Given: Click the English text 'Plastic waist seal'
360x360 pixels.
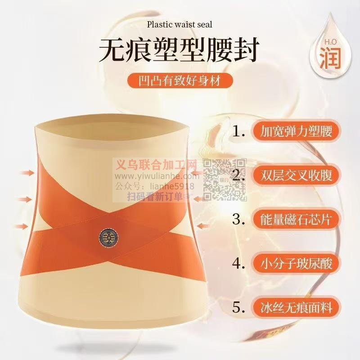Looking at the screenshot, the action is [x=180, y=24].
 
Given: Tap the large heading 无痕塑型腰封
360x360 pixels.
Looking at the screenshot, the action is [x=179, y=50].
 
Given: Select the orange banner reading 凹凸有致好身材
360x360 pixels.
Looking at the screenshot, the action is [x=180, y=81].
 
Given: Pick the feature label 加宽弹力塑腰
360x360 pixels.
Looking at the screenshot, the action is [x=296, y=131].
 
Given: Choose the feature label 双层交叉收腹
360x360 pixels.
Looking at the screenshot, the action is [x=296, y=175].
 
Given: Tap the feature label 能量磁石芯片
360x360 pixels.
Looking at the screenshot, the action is [x=296, y=219].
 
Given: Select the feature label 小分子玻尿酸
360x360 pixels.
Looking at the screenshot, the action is [x=296, y=263].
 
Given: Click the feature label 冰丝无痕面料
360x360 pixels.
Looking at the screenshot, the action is [x=296, y=307].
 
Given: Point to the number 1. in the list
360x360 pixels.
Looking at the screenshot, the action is [x=239, y=131].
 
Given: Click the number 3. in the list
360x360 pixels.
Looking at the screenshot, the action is [x=239, y=219].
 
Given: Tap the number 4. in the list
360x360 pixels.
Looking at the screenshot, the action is [x=239, y=263].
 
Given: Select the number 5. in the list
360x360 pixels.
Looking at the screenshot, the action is [x=239, y=307].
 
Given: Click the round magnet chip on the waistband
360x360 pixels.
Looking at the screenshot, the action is [x=109, y=237].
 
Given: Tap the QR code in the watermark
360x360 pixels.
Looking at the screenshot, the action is [x=224, y=180].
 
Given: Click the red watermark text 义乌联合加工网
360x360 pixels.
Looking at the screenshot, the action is [x=156, y=165].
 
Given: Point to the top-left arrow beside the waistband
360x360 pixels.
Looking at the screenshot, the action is [x=27, y=173].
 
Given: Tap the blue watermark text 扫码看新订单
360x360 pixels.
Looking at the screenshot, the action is [x=155, y=197].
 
